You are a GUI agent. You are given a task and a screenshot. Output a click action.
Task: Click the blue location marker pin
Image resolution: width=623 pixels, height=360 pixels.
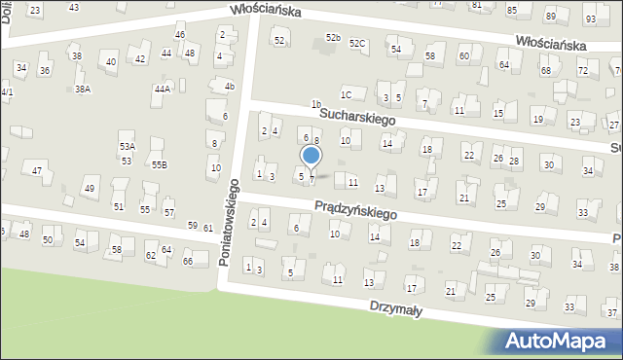311,156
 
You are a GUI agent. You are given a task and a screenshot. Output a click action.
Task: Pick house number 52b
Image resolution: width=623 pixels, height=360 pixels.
333,37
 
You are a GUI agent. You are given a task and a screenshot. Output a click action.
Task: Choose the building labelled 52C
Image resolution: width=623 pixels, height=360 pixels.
358,44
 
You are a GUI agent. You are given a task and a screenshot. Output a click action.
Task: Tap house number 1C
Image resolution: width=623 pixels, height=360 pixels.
346,94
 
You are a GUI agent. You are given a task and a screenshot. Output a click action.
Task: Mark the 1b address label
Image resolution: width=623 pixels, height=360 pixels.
315,103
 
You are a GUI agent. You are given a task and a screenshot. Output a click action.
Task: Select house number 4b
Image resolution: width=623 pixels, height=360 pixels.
230,86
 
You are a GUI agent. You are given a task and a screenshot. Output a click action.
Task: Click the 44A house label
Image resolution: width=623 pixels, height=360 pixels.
163,89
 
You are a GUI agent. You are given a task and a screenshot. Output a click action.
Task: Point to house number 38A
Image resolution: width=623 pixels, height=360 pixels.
83,89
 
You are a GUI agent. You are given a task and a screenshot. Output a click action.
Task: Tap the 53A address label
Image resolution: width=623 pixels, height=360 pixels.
128,146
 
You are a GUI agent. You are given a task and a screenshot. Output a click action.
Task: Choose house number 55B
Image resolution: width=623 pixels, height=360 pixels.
159,164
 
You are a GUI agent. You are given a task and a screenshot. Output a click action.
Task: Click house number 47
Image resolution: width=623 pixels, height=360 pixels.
38,170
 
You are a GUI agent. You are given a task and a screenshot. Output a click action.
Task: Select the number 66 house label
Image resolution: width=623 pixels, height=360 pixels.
189,261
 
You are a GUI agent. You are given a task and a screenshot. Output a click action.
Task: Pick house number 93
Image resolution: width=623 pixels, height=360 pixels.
590,19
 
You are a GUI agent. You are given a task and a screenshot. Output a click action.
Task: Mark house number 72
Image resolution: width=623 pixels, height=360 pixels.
582,71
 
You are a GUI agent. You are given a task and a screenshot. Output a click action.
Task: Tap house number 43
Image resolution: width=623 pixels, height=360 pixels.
74,7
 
